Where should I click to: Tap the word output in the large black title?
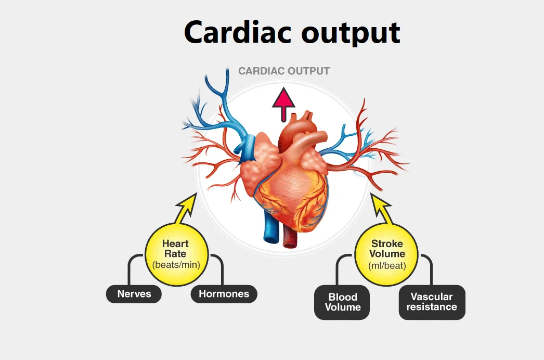coord(351,34)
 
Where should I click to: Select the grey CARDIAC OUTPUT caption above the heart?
coord(284,71)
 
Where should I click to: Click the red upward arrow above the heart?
coord(284,104)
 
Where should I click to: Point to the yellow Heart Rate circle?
coord(177,254)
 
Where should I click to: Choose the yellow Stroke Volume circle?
coord(386,254)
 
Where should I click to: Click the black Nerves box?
coord(134,294)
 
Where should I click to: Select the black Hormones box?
coord(224,294)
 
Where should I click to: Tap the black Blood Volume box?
coord(342,302)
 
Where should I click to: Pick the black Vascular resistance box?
coord(432,302)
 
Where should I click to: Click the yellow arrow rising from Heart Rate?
coord(186,209)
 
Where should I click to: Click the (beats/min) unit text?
coord(176,265)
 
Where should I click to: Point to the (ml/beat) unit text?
coord(387,266)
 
